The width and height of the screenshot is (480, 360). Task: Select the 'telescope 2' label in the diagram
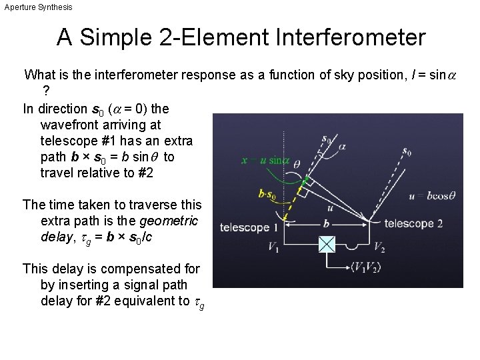414,223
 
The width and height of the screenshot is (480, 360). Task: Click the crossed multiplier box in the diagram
326,245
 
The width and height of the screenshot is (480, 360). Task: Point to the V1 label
273,247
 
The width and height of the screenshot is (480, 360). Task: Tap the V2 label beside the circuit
379,247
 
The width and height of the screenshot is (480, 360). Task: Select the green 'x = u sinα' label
265,160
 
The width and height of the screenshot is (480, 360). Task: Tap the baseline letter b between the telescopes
326,224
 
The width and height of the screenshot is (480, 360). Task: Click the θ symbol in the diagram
296,164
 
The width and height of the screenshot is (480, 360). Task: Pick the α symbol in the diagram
342,146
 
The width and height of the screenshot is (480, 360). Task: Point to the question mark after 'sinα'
45,91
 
